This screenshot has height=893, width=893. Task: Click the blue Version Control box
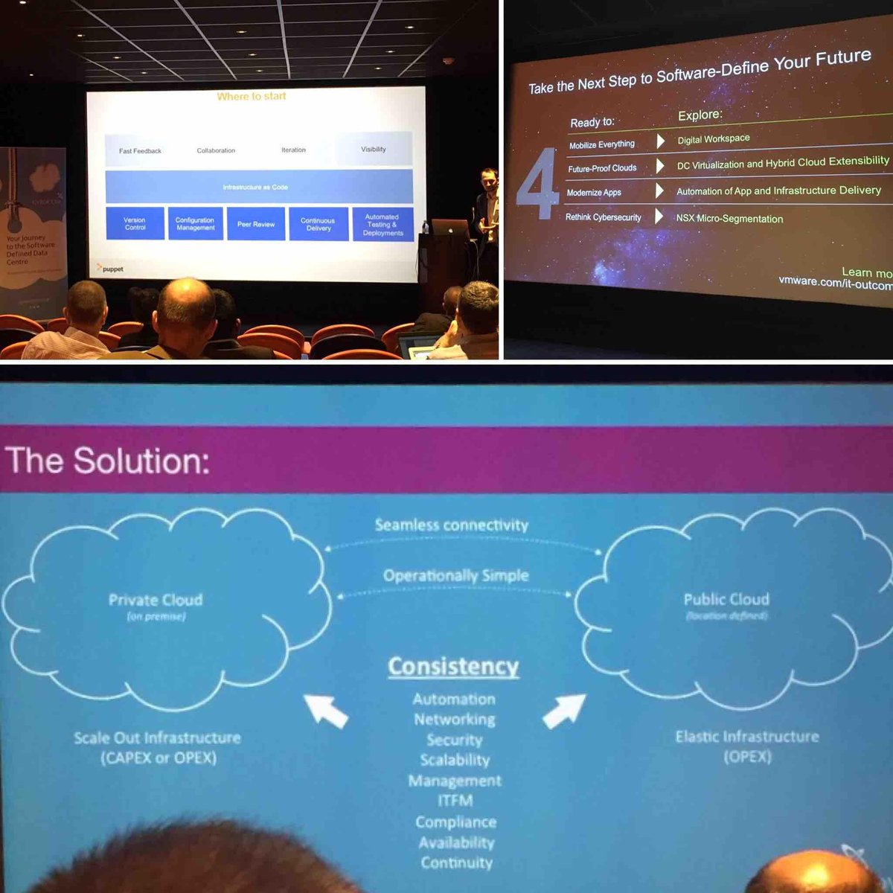coord(135,223)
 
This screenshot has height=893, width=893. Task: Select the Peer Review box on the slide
coord(256,224)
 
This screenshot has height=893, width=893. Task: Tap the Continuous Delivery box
coord(318,224)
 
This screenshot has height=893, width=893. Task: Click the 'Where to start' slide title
coord(252,96)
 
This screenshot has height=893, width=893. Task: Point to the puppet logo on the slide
coord(110,269)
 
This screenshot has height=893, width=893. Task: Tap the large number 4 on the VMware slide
coord(537,185)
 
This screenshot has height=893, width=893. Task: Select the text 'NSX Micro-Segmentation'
coord(729,219)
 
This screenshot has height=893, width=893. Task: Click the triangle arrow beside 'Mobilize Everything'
coord(660,141)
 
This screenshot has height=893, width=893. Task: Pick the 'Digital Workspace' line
coord(714,139)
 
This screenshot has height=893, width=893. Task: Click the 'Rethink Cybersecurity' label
coord(603,217)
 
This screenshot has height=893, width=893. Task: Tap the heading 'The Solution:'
coord(108,461)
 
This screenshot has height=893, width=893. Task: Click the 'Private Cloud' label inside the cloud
coord(156,600)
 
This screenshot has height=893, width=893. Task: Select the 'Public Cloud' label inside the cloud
coord(726,599)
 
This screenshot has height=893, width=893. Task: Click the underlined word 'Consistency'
coord(453,666)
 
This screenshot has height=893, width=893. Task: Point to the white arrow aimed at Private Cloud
coord(326,710)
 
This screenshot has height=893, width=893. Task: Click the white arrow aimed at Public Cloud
coord(564,711)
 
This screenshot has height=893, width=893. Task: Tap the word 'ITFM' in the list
coord(455,801)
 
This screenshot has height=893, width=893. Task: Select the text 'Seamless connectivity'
coord(452,525)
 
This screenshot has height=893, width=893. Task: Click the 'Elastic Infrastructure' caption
coord(747,737)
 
